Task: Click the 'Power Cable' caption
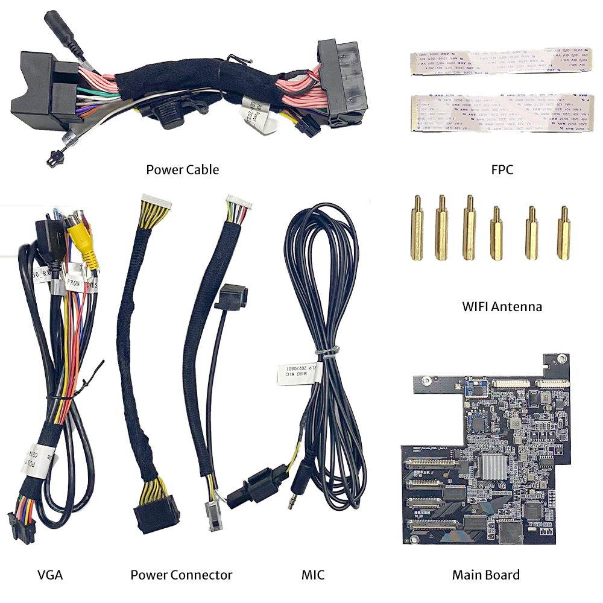182,169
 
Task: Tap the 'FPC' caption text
502,169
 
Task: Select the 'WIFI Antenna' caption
502,306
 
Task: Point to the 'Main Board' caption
485,575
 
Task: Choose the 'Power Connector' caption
181,575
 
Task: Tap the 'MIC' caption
312,575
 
